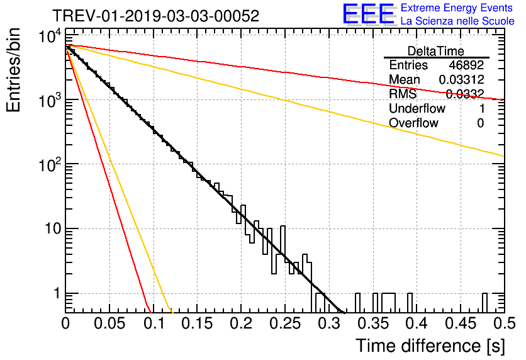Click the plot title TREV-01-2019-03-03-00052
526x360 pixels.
(156, 16)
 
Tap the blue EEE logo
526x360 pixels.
(368, 14)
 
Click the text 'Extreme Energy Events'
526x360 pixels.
(457, 8)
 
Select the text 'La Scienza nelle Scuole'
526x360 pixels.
(457, 21)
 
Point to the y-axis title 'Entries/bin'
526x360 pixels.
(13, 70)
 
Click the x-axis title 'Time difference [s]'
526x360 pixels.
(430, 346)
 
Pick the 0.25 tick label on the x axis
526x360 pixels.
(285, 323)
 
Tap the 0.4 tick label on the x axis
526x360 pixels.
(417, 323)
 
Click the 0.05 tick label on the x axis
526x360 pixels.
(109, 323)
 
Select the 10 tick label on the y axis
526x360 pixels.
(53, 229)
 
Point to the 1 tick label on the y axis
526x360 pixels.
(57, 293)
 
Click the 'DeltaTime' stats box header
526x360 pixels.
(436, 51)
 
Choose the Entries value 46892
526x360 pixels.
(466, 65)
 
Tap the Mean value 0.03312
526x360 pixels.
(462, 79)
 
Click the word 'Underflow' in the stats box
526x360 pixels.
(417, 108)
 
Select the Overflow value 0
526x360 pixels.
(480, 123)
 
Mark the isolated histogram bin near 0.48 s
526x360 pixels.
(484, 303)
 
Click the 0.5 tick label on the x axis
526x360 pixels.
(504, 323)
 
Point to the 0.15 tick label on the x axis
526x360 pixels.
(198, 323)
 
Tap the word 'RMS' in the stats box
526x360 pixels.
(403, 94)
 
